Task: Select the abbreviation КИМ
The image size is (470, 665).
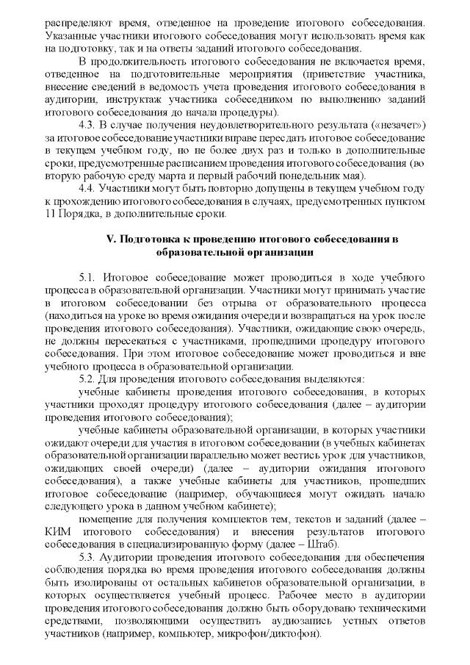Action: tap(57, 531)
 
